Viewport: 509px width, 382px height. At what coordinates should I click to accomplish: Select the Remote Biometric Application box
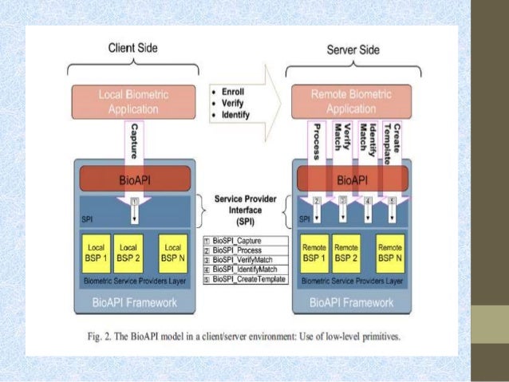[353, 102]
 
